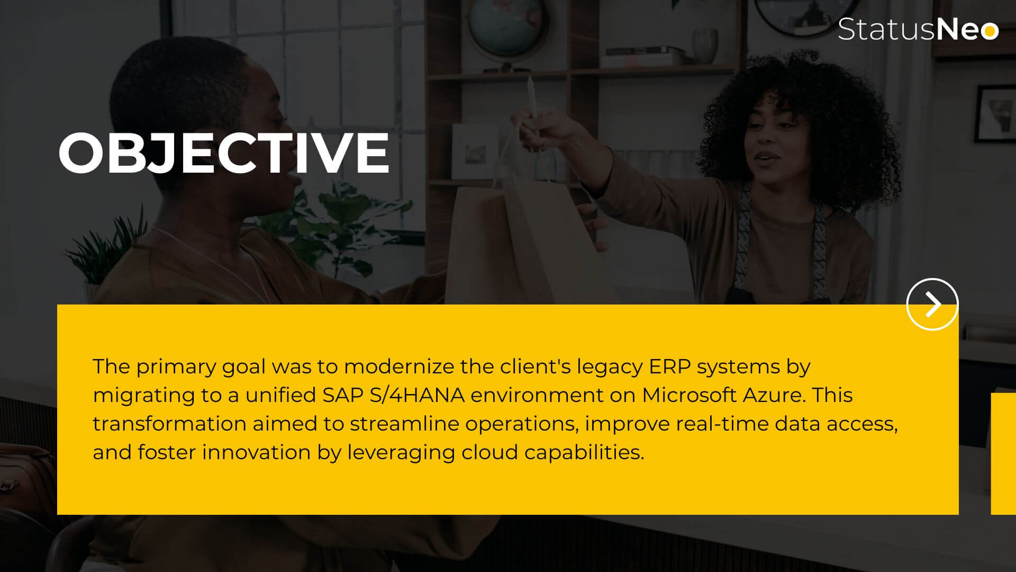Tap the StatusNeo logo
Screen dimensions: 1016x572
click(918, 29)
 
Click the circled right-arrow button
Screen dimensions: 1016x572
click(932, 304)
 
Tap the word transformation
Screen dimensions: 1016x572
click(169, 424)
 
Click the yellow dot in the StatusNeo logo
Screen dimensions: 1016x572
click(988, 31)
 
